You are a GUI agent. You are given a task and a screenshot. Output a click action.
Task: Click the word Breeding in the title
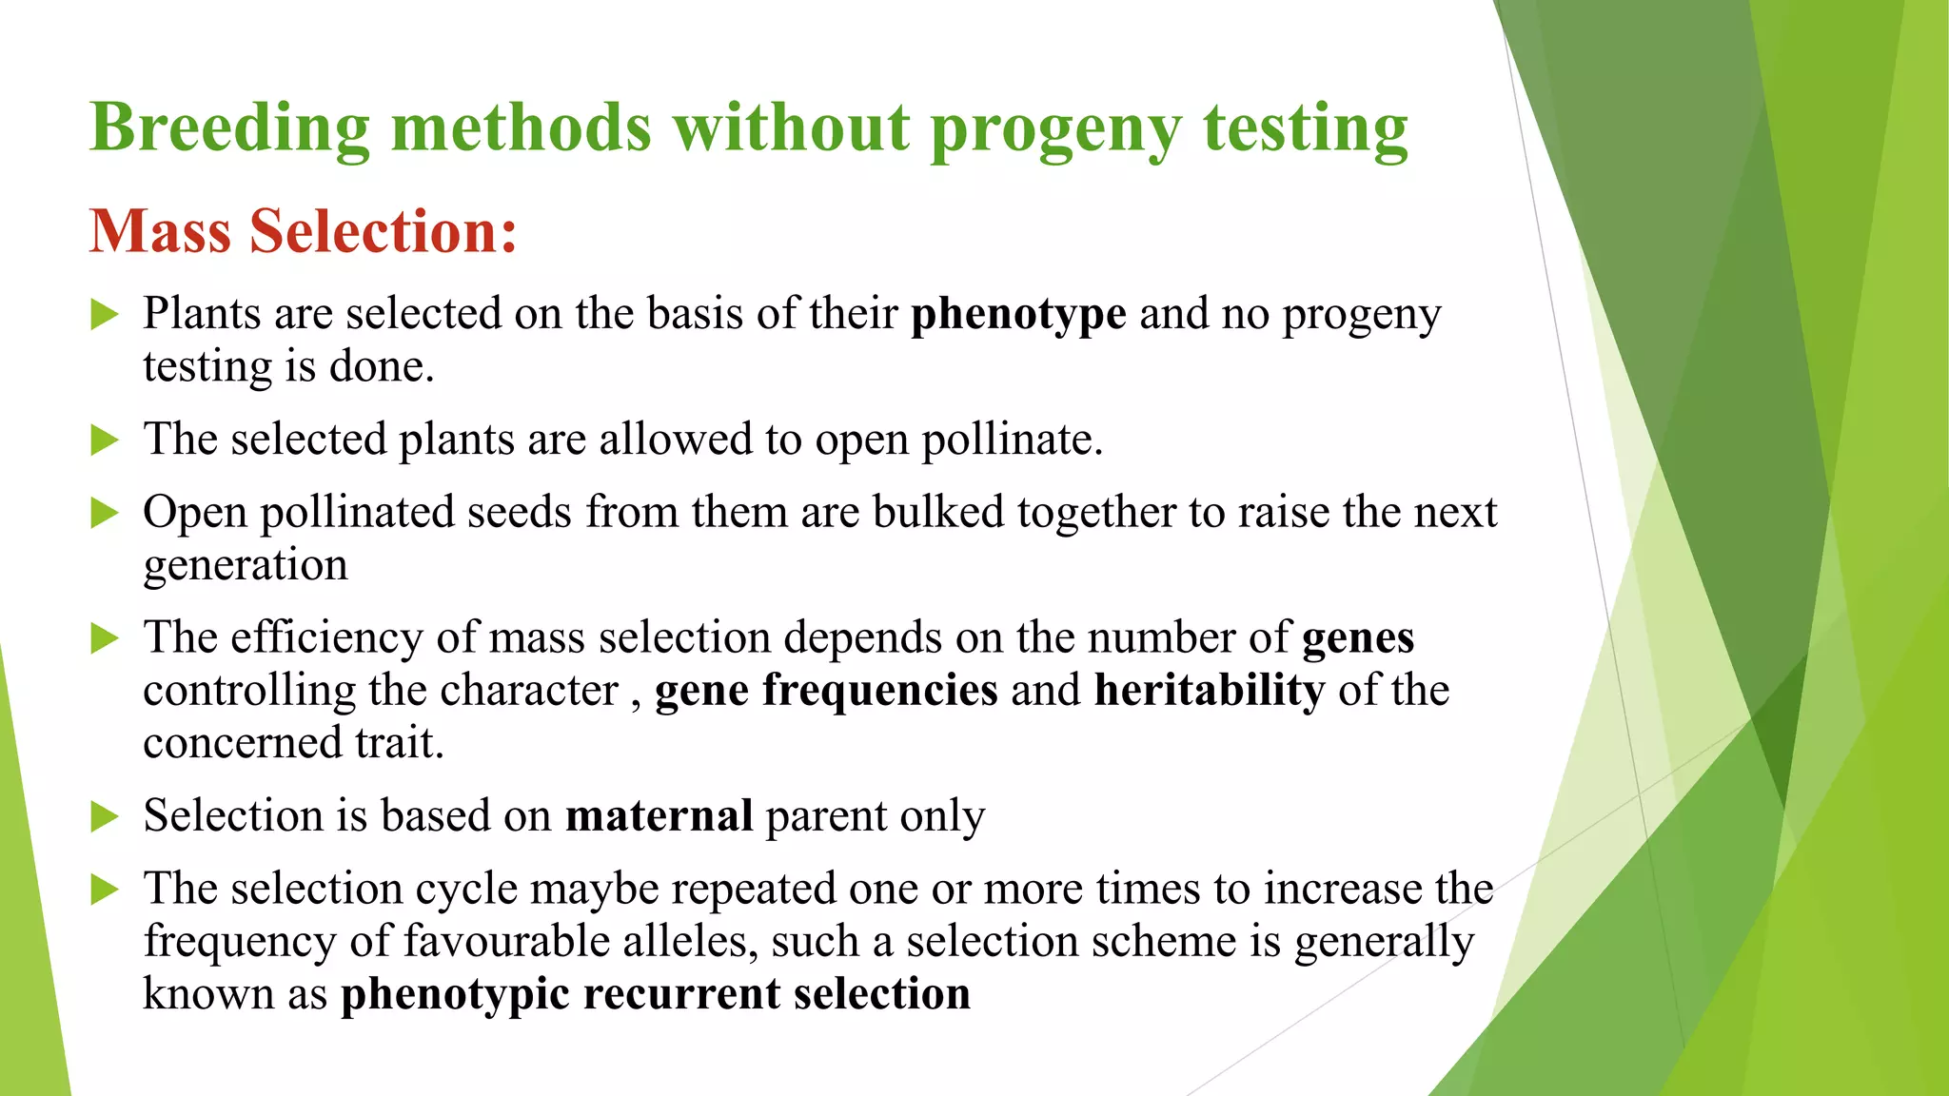tap(229, 127)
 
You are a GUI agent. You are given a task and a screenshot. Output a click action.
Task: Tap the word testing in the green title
tap(1305, 127)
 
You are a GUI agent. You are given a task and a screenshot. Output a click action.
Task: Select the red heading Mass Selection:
tap(304, 231)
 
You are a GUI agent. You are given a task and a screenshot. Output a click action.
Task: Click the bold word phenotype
tap(1018, 314)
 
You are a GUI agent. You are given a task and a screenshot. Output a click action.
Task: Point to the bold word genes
tap(1357, 637)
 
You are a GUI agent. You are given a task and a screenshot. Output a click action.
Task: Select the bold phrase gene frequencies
tap(826, 690)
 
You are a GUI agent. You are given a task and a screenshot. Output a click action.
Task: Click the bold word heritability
tap(1209, 690)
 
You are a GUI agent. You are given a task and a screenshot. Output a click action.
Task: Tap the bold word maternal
tap(659, 816)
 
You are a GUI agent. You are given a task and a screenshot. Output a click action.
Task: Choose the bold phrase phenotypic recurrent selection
tap(656, 994)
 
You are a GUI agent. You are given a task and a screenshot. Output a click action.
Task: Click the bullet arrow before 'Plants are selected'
tap(104, 314)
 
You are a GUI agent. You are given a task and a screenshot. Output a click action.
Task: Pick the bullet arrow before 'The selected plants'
tap(104, 440)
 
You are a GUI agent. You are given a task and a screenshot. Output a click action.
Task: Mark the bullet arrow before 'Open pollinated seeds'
tap(104, 513)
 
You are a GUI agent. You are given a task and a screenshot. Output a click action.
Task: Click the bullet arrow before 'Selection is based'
tap(104, 816)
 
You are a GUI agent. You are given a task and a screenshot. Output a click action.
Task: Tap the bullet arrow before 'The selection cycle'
tap(104, 890)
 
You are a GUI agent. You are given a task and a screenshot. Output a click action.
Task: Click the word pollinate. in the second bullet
tap(1012, 440)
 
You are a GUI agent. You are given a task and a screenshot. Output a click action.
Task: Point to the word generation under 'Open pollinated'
tap(246, 566)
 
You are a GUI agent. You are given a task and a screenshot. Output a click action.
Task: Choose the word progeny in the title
tap(1055, 127)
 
